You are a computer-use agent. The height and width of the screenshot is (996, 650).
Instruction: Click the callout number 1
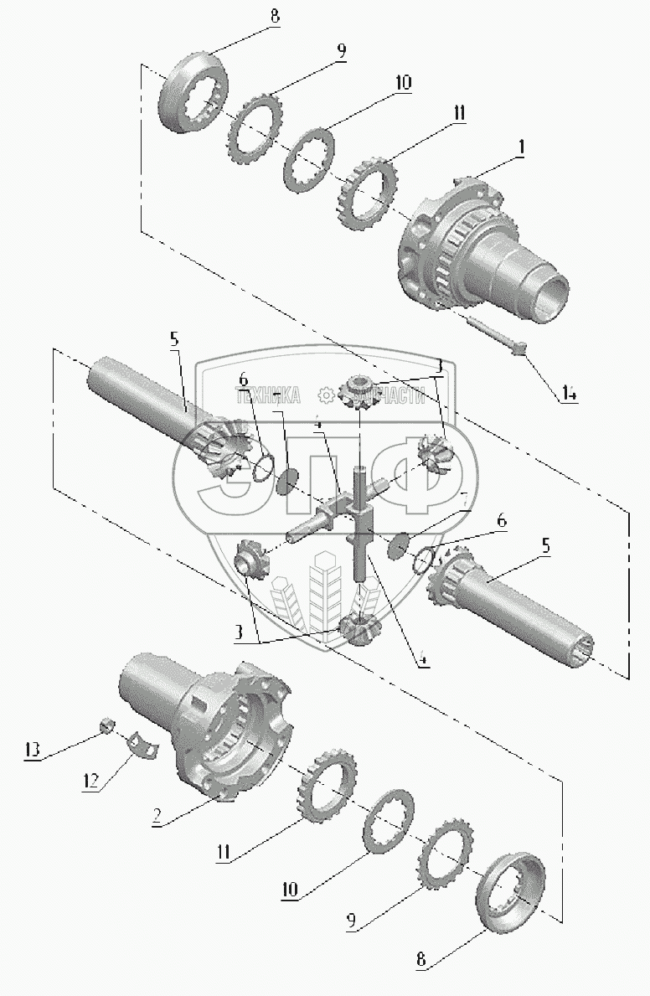(x=520, y=146)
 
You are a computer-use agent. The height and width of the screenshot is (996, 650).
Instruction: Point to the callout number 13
(x=32, y=749)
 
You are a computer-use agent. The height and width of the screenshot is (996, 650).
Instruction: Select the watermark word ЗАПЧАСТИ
(x=382, y=396)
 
